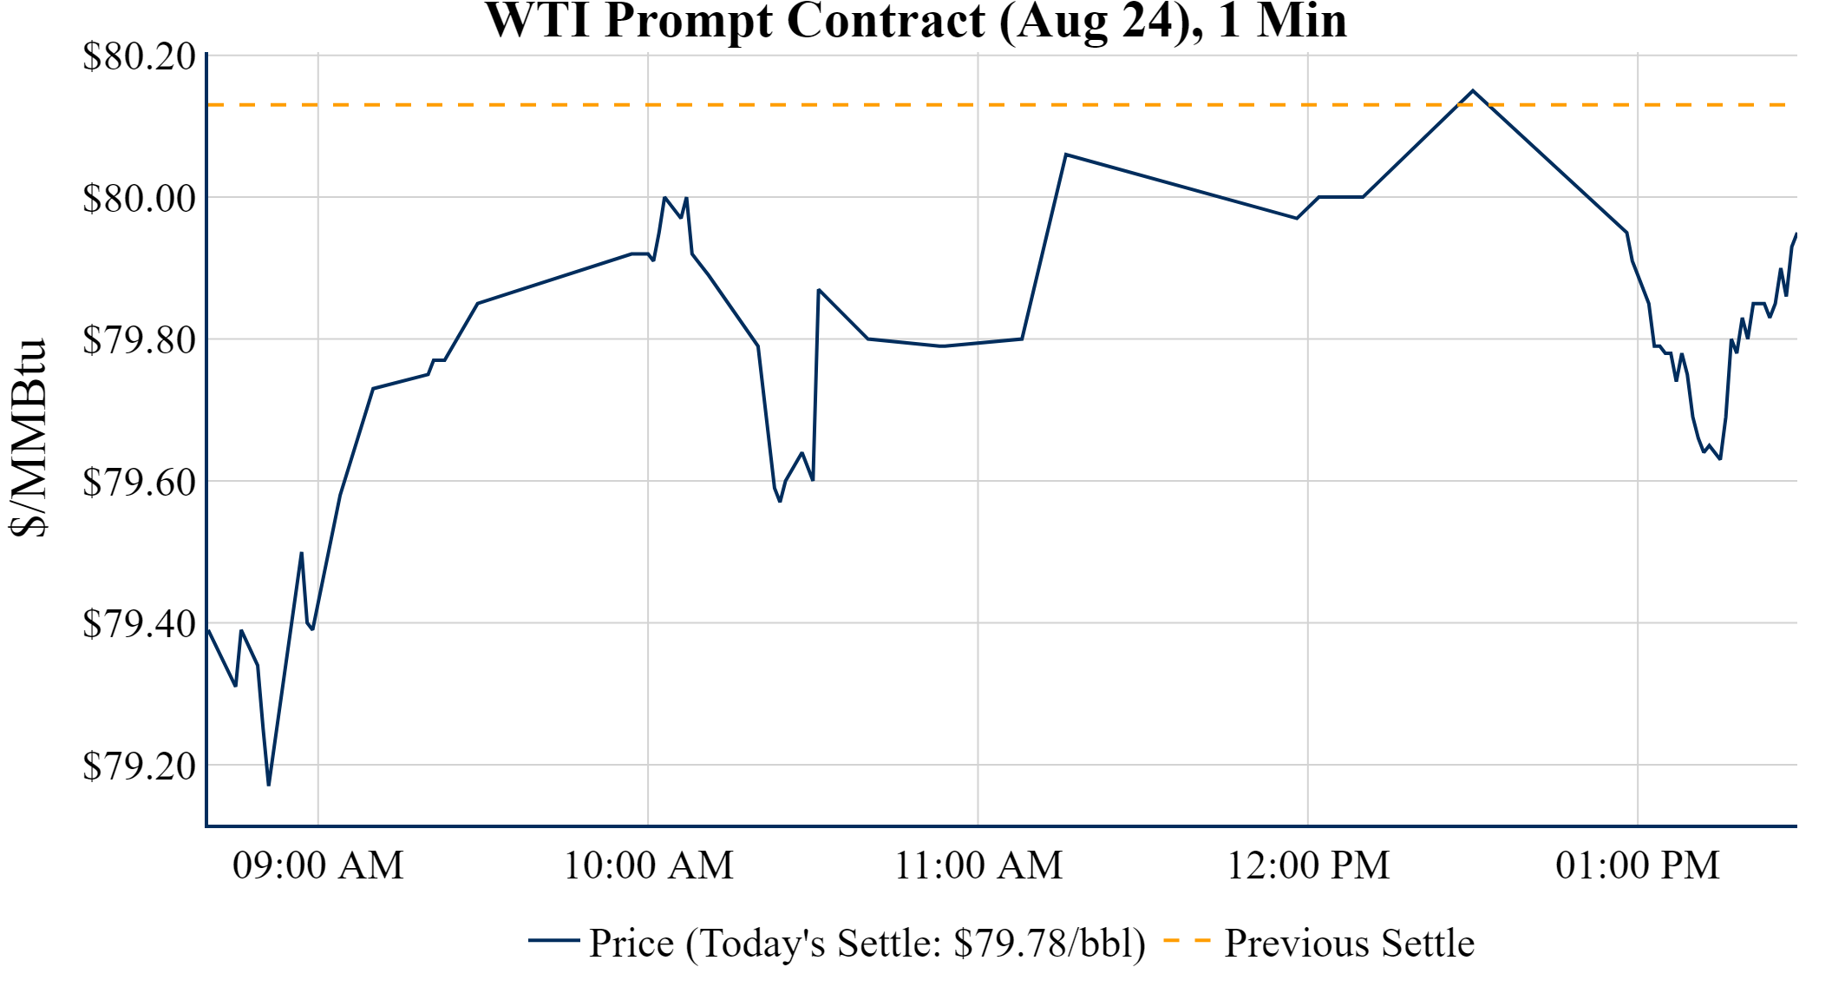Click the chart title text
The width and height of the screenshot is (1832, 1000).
point(916,21)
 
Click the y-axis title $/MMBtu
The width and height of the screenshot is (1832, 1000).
point(29,437)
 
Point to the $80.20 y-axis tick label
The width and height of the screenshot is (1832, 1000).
point(139,56)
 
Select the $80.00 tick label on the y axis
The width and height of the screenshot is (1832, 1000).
point(139,198)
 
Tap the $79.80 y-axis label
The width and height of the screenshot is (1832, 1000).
point(139,339)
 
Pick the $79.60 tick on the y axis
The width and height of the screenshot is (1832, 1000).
point(139,482)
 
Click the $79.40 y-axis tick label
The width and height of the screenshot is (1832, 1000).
point(139,623)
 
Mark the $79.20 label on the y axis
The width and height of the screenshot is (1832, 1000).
point(139,766)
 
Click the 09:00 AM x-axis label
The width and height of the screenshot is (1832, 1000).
point(318,865)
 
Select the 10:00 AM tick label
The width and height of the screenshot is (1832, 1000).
point(649,865)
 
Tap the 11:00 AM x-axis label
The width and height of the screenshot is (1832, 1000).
point(978,865)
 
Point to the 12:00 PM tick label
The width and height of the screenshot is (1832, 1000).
point(1308,865)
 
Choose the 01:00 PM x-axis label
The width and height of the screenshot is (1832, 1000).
point(1638,865)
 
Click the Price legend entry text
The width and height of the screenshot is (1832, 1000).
point(867,943)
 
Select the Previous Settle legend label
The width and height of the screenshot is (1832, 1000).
point(1349,943)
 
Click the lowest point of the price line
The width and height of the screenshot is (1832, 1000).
point(269,785)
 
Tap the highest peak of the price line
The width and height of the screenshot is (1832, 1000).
point(1473,90)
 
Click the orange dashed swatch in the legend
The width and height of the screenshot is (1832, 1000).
point(1186,940)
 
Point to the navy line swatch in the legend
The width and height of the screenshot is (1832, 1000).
point(553,940)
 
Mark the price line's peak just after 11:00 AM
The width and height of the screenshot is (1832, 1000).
point(1066,155)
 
